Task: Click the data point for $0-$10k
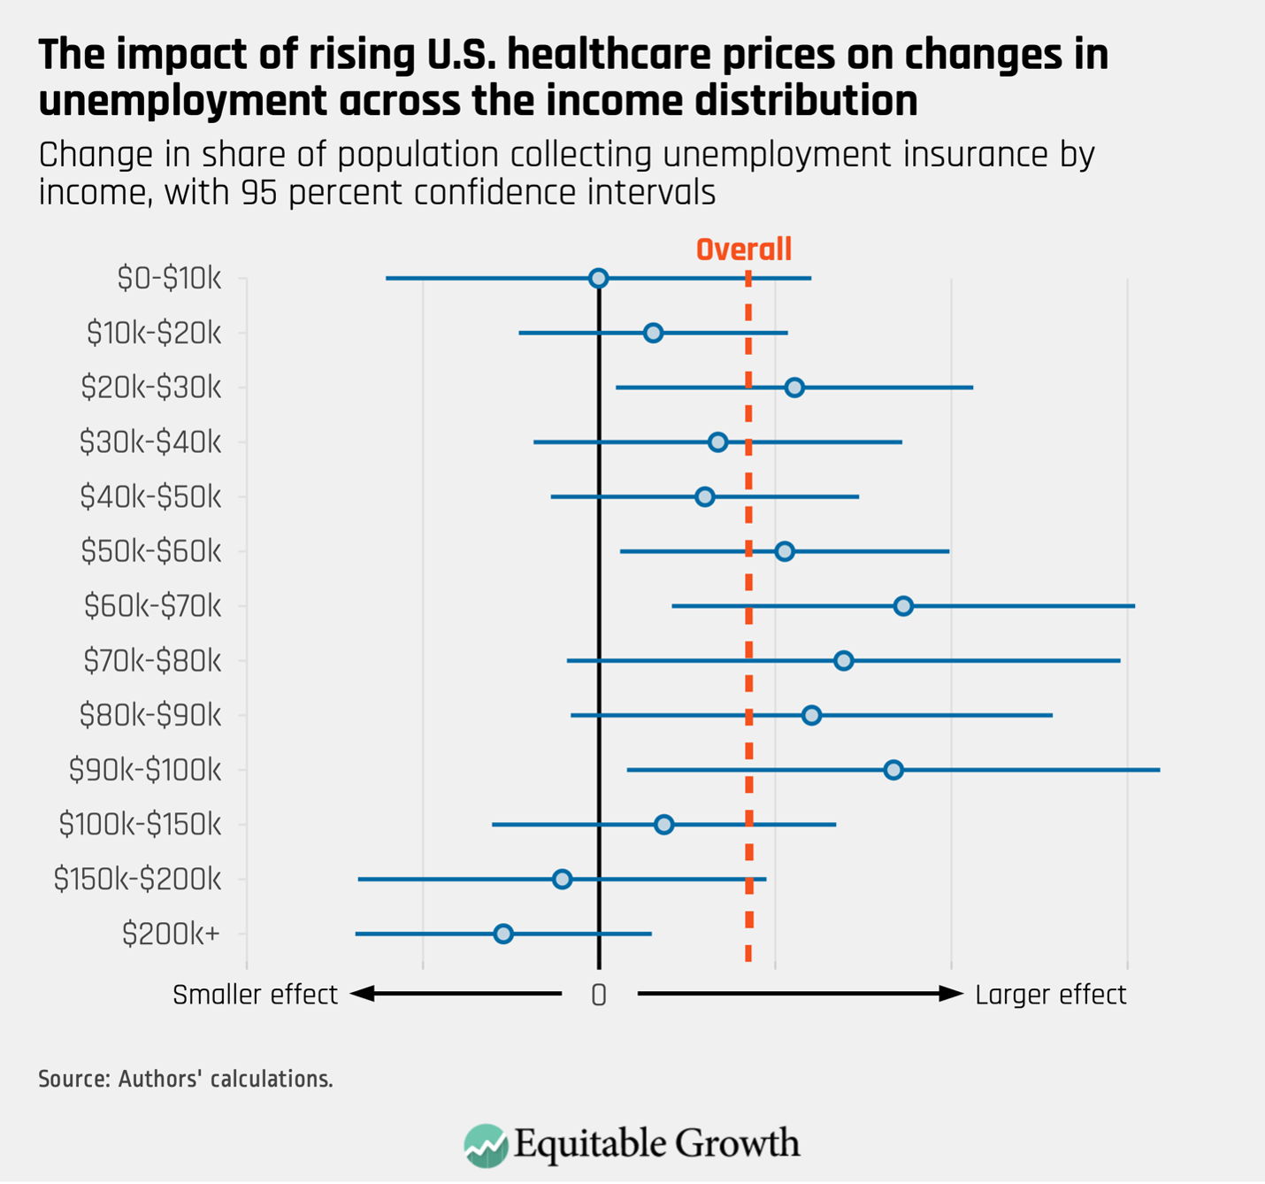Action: [598, 279]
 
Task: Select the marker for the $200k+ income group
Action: [503, 934]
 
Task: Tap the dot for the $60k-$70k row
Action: [903, 606]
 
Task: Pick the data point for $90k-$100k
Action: [893, 770]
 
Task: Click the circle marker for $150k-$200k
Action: [562, 879]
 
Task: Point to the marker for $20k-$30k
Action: [794, 388]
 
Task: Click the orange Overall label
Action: [743, 250]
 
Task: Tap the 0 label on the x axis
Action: [599, 996]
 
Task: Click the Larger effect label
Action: [1050, 995]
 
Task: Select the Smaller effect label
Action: [255, 995]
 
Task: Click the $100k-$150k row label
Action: [140, 825]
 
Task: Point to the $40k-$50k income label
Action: [150, 497]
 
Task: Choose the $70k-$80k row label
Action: [152, 661]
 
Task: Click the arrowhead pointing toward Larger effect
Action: [952, 994]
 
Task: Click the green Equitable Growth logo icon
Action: [486, 1145]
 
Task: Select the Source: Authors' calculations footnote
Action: [186, 1079]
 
